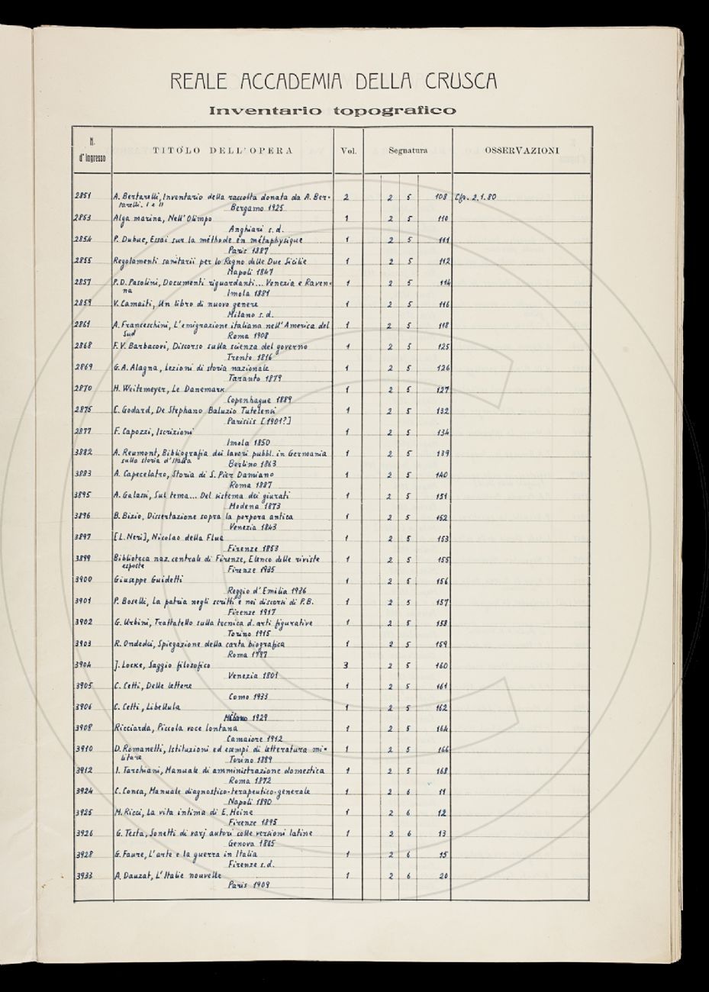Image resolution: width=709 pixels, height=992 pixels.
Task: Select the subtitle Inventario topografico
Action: click(x=332, y=111)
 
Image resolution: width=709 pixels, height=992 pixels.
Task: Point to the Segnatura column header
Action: click(x=408, y=151)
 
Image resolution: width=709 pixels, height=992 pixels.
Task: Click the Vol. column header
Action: click(x=348, y=151)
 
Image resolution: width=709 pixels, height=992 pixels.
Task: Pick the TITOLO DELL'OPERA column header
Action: click(x=222, y=151)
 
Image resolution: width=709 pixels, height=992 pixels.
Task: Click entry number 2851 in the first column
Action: click(x=83, y=196)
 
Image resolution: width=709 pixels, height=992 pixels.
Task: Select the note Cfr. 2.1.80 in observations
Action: click(x=475, y=197)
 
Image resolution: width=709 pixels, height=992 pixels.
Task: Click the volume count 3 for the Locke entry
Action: click(x=346, y=665)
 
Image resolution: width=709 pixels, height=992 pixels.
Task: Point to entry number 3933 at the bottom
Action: click(x=84, y=875)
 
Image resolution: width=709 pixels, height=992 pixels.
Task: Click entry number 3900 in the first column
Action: click(x=84, y=581)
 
